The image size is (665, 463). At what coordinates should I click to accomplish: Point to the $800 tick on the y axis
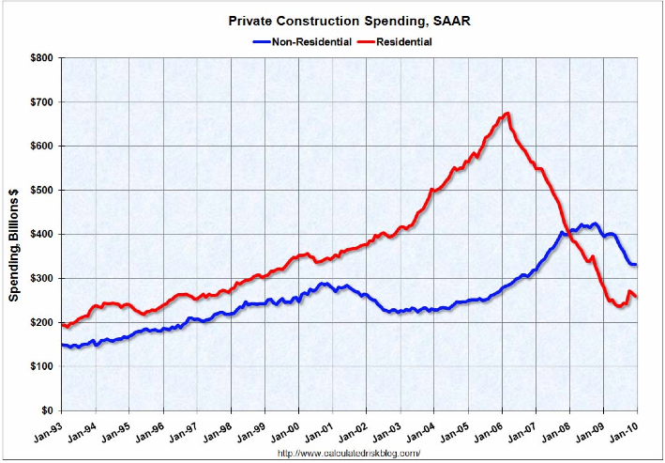tap(40, 58)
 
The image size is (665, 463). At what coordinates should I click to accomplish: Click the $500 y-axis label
tap(40, 191)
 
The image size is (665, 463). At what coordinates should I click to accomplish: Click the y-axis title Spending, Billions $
tap(16, 235)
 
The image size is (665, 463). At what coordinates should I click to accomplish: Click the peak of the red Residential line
tap(506, 114)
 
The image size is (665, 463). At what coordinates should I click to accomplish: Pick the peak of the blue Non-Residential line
tap(594, 224)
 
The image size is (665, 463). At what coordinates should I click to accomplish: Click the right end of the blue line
tap(636, 264)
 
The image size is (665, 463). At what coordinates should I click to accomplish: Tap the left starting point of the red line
tap(62, 325)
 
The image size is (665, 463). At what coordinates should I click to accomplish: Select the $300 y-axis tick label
tap(40, 279)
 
